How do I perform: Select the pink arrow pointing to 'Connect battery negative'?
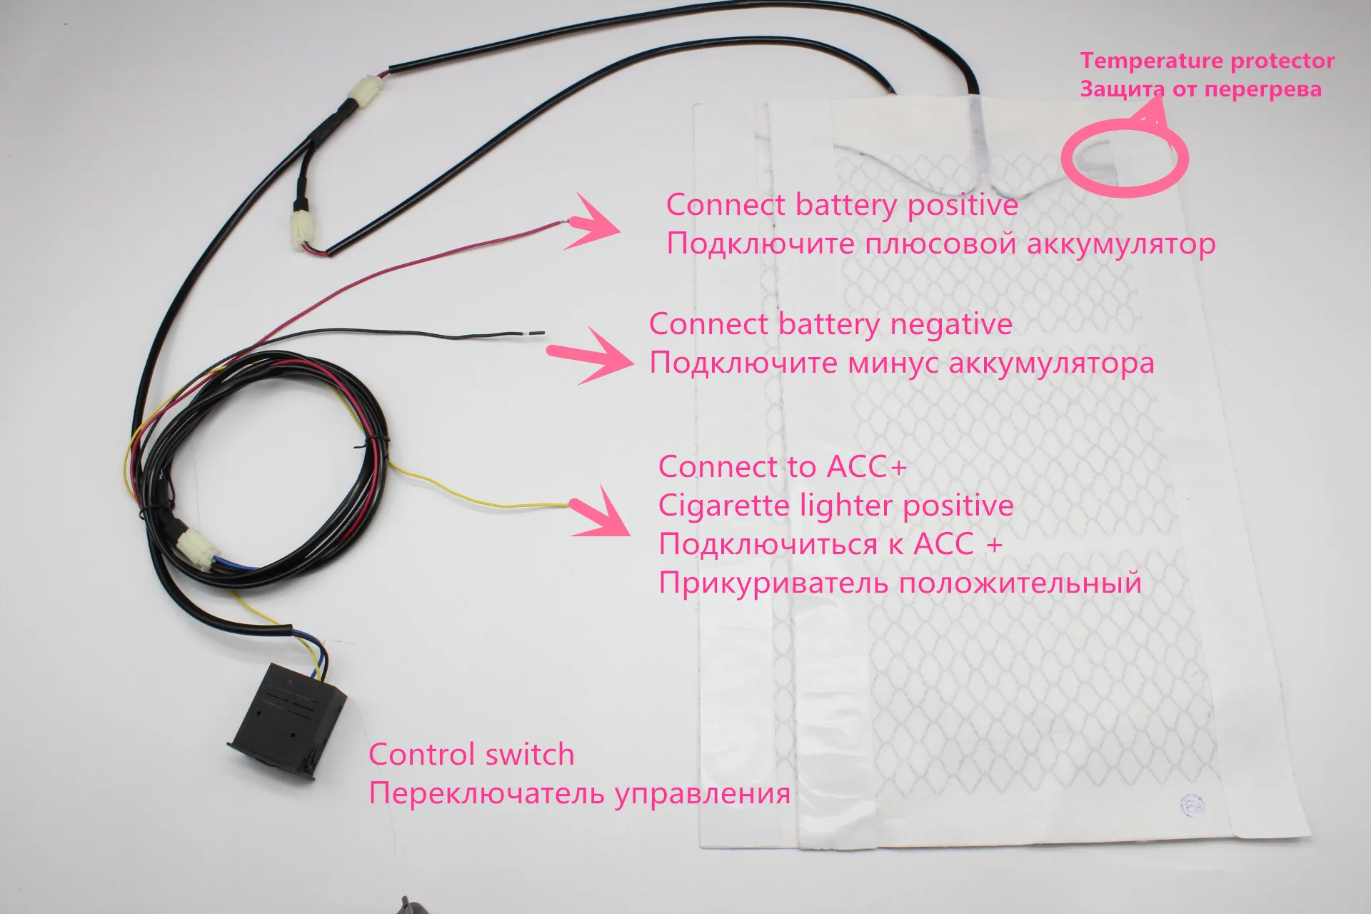[x=593, y=356]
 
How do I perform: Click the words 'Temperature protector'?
[x=1207, y=61]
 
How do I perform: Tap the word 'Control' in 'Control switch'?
[x=422, y=755]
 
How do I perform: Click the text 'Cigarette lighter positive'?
[x=835, y=506]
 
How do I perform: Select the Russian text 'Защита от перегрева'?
[x=1200, y=90]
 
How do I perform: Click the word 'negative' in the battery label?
[x=951, y=325]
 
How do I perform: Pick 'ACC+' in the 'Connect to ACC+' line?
[x=867, y=467]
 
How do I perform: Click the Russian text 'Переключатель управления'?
[x=579, y=793]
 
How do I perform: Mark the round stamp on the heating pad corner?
[x=1191, y=804]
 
